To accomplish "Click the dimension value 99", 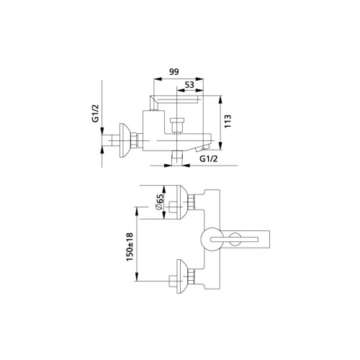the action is tap(174, 72).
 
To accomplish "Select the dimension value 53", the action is tap(189, 85).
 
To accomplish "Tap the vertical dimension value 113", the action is tap(228, 121).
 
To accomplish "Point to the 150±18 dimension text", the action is tap(130, 247).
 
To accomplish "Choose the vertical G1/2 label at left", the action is tap(95, 114).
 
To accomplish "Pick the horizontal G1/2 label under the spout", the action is tap(209, 158).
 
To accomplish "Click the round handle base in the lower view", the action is tap(211, 239).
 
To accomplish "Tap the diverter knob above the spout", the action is tap(176, 125).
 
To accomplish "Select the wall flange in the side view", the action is tap(125, 140).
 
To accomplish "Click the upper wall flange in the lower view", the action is tap(181, 202).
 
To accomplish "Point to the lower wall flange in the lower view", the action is tap(181, 276).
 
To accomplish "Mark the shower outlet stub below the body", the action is tap(177, 158).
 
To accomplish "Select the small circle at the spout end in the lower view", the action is tap(235, 239).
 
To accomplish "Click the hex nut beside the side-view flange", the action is tap(134, 140).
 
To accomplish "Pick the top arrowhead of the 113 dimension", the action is tap(220, 99).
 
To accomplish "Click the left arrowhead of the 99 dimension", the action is tap(157, 79).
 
